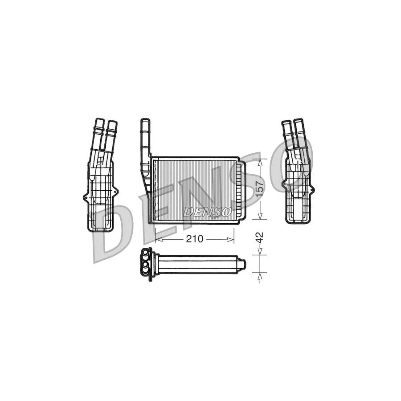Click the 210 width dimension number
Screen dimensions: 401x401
[194, 239]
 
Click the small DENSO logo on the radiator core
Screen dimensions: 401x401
[207, 212]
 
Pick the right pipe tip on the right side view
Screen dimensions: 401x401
[298, 122]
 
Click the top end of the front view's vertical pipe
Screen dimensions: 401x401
[145, 122]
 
